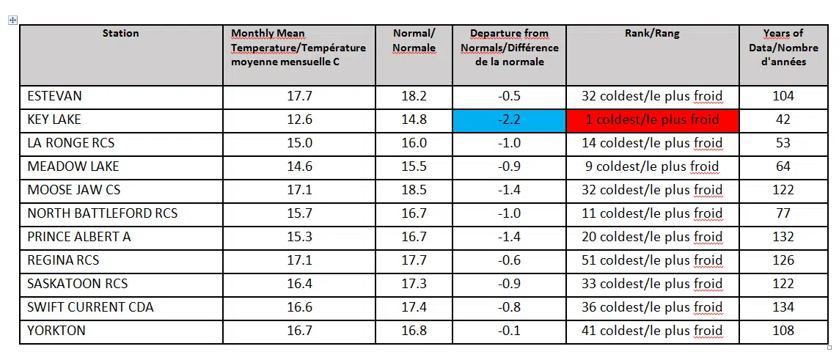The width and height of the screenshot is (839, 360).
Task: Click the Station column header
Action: coord(120,33)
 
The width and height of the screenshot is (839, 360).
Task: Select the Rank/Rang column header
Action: coord(652,33)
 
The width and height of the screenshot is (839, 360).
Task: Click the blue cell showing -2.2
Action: coord(509,120)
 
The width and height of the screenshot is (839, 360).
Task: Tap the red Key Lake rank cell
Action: coord(652,120)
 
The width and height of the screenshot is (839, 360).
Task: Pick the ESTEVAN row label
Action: coord(56,96)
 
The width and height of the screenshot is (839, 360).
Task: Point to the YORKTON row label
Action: coord(56,331)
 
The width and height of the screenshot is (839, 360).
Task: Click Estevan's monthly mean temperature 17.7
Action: coord(299,96)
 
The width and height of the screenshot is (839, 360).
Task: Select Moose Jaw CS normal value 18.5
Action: coord(414,190)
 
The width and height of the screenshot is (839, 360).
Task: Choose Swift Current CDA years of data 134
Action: coord(783,307)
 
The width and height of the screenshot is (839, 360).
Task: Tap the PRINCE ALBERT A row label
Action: coord(79,237)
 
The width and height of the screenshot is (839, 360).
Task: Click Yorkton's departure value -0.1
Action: coord(509,331)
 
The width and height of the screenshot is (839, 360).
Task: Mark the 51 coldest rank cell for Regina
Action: coord(652,260)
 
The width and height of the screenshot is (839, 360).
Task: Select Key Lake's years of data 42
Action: coord(783,120)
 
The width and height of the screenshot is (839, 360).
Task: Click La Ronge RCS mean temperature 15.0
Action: coord(299,143)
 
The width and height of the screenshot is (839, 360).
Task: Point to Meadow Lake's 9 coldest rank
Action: coord(652,166)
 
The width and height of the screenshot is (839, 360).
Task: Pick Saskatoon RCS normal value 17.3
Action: coord(414,284)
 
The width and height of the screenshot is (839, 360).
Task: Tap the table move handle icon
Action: coord(12,21)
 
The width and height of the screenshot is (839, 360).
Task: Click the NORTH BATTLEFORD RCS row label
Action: coord(102,213)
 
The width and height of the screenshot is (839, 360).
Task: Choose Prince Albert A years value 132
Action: coord(783,237)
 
